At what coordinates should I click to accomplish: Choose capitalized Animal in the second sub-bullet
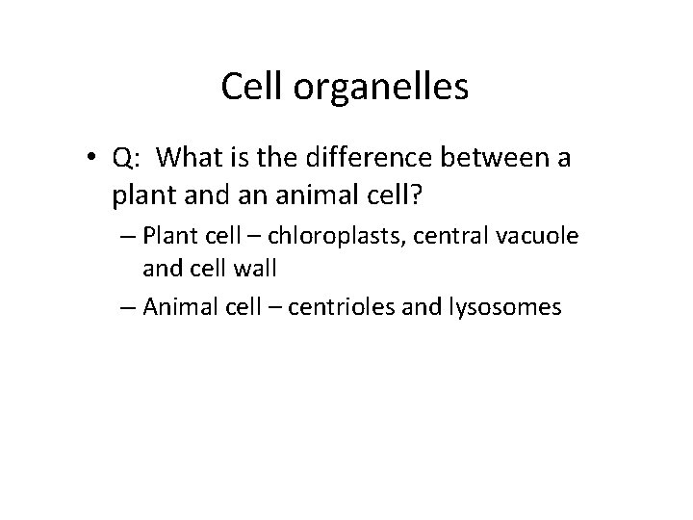(178, 308)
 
